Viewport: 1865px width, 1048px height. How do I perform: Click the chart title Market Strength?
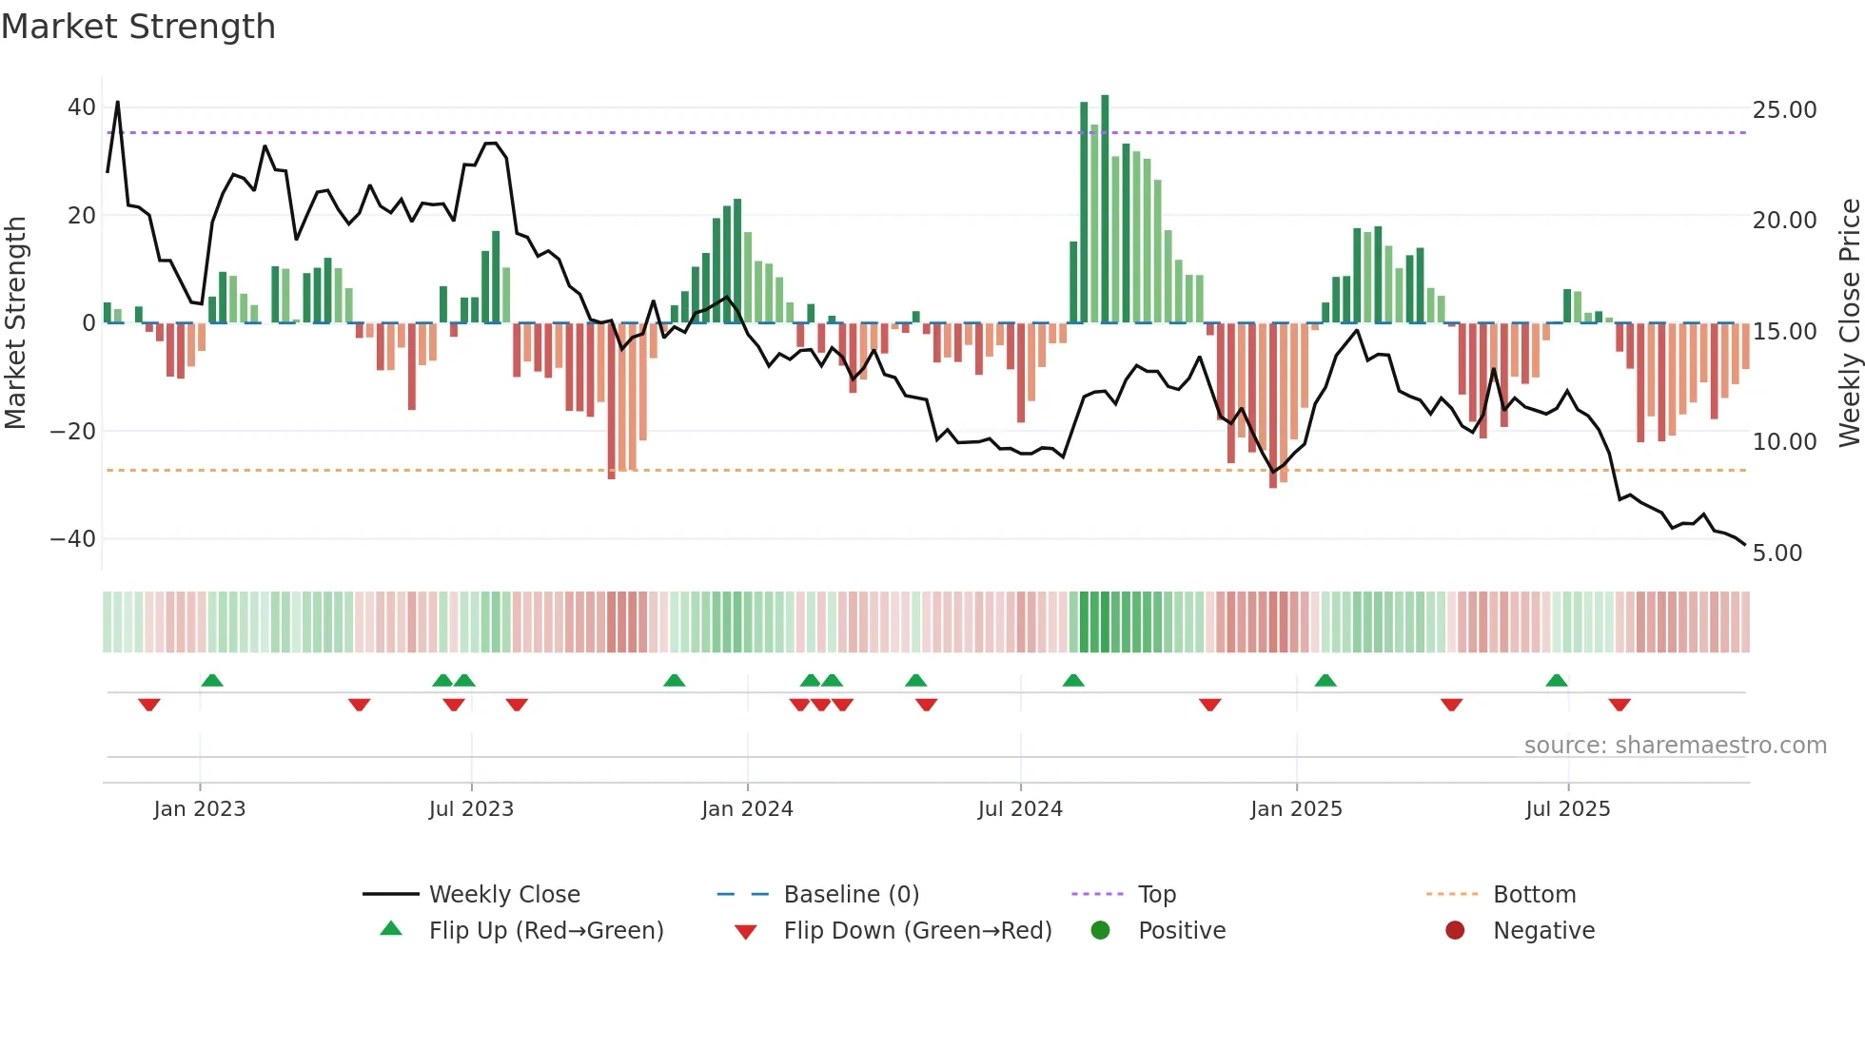(138, 27)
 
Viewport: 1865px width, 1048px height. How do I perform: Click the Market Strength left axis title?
(16, 323)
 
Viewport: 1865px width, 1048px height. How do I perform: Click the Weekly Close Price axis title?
(1849, 323)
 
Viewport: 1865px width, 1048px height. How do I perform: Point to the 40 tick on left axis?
(81, 107)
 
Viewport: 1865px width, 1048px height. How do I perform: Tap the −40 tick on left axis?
(73, 539)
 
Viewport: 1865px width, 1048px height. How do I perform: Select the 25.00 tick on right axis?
(1784, 110)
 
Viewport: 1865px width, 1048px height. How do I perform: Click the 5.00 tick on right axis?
(1777, 553)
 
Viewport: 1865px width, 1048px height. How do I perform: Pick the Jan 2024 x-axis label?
(747, 809)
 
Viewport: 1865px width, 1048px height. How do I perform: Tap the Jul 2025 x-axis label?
(1567, 809)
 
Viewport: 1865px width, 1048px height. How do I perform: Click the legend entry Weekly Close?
(503, 895)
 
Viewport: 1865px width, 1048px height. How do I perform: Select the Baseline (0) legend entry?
(851, 895)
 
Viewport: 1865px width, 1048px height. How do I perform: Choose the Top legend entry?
(1156, 895)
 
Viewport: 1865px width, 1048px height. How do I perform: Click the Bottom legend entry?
(1534, 895)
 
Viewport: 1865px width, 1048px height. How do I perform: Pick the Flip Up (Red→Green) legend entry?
(545, 931)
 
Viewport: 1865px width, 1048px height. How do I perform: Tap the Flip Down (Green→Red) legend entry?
(917, 931)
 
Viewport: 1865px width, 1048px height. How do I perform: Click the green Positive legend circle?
(1101, 931)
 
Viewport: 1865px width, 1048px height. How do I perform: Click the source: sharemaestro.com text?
(1675, 746)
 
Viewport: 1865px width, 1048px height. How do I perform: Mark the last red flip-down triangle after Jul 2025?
(1620, 705)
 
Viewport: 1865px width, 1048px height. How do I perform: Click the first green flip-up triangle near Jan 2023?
(212, 680)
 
